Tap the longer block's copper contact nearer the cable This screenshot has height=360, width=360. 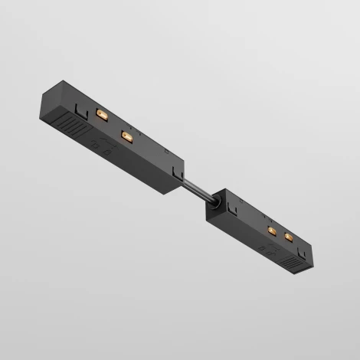tap(126, 136)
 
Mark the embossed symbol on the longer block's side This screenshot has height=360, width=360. tap(97, 146)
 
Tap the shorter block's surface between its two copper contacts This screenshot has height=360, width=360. tap(280, 233)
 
